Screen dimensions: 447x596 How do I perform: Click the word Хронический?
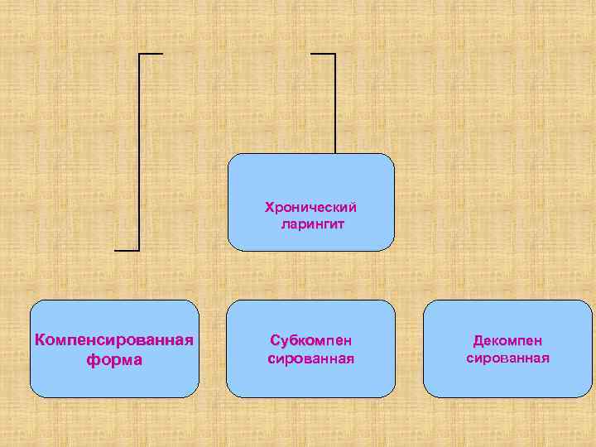coord(310,207)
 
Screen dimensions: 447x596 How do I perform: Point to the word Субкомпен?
coord(310,340)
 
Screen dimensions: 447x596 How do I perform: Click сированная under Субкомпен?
coord(310,358)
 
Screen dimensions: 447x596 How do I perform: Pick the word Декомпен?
coord(507,340)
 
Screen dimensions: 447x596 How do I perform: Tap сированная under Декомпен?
coord(507,358)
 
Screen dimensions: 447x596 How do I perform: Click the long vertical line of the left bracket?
coord(139,149)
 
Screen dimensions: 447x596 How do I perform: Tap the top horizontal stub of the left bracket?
coord(151,54)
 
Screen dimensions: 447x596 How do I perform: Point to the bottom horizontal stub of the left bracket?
coord(127,249)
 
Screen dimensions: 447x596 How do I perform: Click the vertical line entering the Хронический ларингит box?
coord(335,103)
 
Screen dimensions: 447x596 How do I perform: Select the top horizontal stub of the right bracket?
coord(323,54)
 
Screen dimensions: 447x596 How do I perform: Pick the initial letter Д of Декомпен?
coord(478,341)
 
